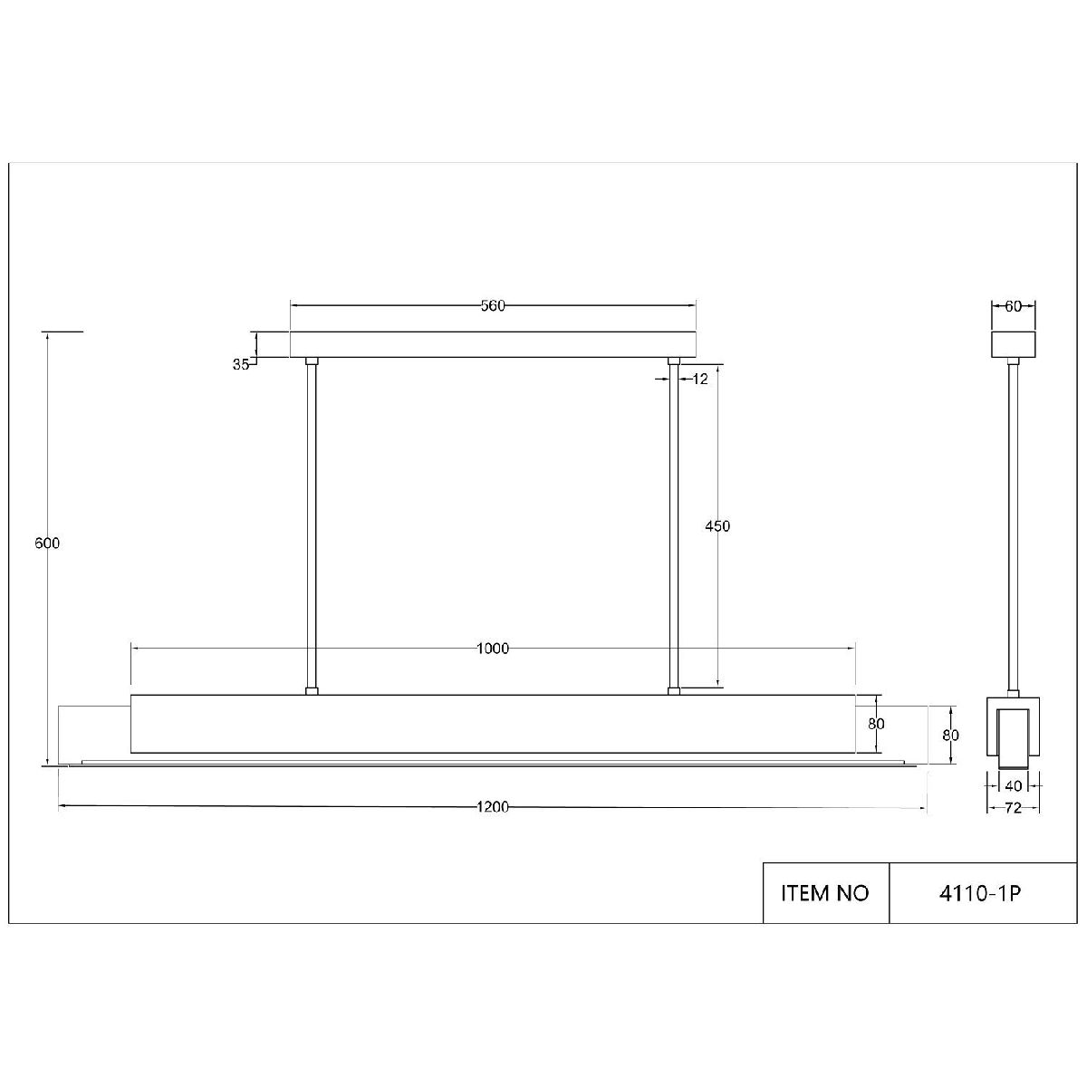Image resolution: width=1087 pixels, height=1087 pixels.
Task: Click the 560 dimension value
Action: point(493,306)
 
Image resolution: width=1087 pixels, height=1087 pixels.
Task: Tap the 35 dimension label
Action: point(241,365)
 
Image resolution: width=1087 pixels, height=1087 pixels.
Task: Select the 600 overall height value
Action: point(47,543)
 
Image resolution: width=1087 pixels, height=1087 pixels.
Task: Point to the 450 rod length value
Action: point(717,526)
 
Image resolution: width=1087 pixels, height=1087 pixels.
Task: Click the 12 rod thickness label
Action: point(699,380)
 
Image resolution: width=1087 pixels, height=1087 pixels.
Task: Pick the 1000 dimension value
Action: point(493,649)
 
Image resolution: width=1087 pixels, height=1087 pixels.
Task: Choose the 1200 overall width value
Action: point(493,807)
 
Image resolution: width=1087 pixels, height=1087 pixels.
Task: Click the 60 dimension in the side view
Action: point(1013,306)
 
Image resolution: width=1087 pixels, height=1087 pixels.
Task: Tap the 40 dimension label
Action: point(1013,785)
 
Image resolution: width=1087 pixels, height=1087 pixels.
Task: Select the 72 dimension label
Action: point(1013,808)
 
